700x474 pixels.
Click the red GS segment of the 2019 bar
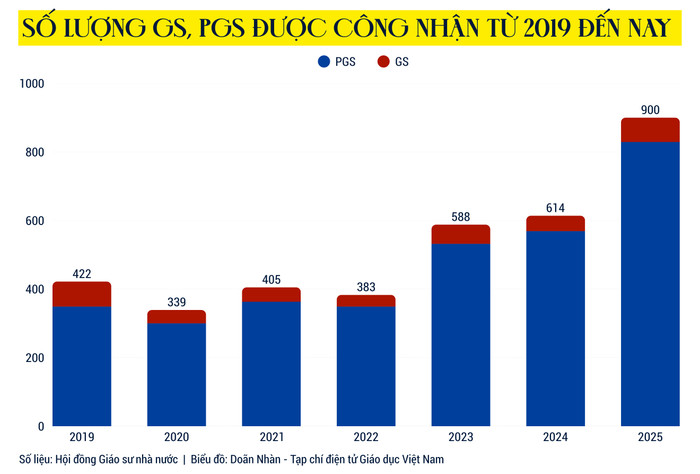point(82,294)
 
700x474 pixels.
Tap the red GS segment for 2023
point(461,234)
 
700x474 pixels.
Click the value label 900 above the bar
point(650,109)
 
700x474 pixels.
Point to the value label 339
point(176,301)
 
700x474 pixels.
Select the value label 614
point(555,207)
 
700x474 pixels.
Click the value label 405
point(271,279)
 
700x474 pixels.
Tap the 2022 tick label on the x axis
point(366,438)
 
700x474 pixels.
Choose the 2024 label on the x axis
point(555,438)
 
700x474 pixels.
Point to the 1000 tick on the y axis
point(33,84)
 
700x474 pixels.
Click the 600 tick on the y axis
point(36,221)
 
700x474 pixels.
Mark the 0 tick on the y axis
point(41,427)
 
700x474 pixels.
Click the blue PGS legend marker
point(323,62)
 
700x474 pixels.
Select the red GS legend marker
point(383,62)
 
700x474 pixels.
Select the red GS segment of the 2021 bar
point(271,294)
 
